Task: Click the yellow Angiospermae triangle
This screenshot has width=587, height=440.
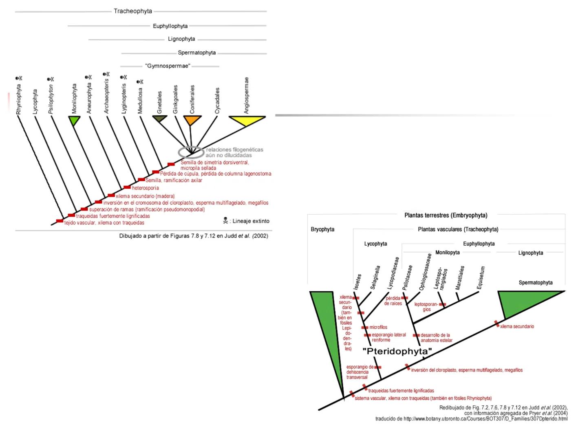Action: (247, 121)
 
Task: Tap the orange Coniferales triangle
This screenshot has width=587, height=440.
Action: (192, 120)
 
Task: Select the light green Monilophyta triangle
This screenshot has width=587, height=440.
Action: (74, 120)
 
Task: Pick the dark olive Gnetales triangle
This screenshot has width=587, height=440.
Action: (159, 119)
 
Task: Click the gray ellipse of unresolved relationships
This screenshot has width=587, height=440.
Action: (191, 152)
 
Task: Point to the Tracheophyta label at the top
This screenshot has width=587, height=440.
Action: (133, 11)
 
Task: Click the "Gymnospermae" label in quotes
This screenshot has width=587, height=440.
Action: (168, 66)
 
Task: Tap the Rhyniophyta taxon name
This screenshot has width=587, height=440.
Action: (19, 99)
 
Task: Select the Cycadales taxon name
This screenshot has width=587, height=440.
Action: (217, 101)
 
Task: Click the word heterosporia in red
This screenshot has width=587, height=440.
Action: (145, 188)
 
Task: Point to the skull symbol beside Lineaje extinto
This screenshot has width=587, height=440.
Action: (225, 221)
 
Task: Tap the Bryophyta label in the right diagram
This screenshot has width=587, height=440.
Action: (322, 229)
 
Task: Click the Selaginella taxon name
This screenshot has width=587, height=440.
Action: (375, 277)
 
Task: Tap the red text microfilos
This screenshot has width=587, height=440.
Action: (378, 327)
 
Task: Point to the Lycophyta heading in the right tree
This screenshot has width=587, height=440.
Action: (375, 244)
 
